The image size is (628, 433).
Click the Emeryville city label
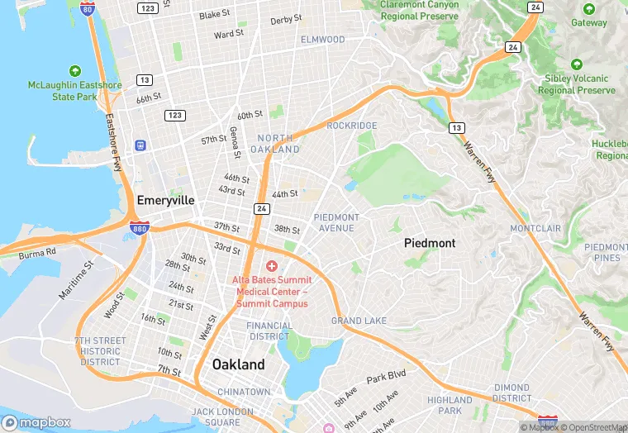click(165, 200)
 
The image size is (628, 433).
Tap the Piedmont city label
click(429, 244)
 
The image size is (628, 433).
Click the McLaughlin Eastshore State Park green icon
click(75, 71)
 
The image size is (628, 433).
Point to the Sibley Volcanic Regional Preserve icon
click(577, 64)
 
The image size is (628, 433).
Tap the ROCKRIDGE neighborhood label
click(352, 126)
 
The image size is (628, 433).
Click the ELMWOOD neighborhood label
click(322, 40)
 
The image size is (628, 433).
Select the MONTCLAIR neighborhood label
click(535, 228)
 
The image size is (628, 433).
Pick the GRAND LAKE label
click(359, 321)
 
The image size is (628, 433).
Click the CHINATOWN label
click(244, 392)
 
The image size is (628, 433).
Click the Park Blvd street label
click(386, 377)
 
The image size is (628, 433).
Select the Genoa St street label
click(235, 142)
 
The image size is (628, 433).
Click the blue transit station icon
click(140, 145)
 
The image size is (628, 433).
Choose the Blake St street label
click(215, 15)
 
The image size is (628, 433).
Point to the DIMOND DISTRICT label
click(512, 393)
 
